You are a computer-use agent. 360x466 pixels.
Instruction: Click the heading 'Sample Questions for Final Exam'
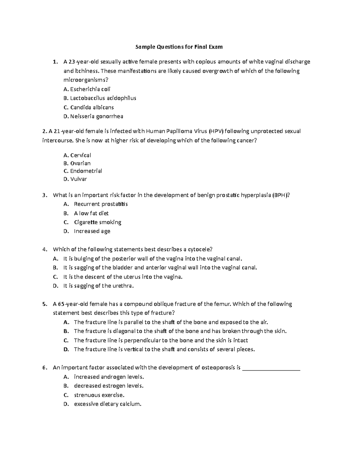[x=179, y=47]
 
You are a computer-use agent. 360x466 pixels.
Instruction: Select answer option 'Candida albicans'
[x=92, y=107]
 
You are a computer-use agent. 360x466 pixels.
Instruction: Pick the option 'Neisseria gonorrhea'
[x=97, y=116]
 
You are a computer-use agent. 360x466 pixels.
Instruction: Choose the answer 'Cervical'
[x=80, y=155]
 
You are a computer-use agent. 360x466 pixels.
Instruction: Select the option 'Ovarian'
[x=80, y=163]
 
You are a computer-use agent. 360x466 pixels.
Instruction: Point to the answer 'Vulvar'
[x=78, y=179]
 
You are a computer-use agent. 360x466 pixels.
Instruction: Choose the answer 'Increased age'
[x=92, y=231]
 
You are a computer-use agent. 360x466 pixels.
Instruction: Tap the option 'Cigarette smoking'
[x=97, y=222]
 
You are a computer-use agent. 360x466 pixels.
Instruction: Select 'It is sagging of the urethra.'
[x=98, y=286]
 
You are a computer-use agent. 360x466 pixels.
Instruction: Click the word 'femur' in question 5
[x=222, y=304]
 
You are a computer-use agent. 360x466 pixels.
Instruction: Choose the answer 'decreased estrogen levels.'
[x=109, y=386]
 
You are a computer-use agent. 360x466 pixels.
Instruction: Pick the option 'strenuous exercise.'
[x=99, y=395]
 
